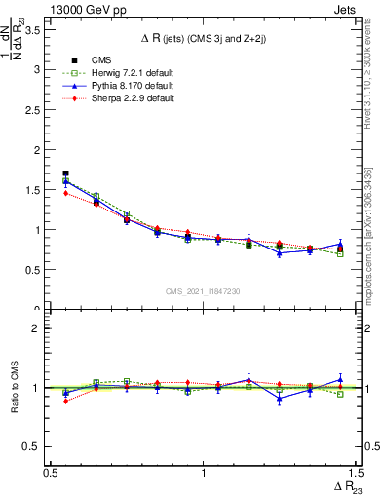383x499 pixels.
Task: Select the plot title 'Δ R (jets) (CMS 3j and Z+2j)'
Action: coord(202,38)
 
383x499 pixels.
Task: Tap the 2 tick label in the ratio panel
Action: coord(37,328)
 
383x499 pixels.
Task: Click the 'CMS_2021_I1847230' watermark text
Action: coord(202,292)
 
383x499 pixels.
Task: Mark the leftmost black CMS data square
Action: coord(65,173)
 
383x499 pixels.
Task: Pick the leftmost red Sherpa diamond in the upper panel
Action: coord(65,193)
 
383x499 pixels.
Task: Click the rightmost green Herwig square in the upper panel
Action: coord(340,253)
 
